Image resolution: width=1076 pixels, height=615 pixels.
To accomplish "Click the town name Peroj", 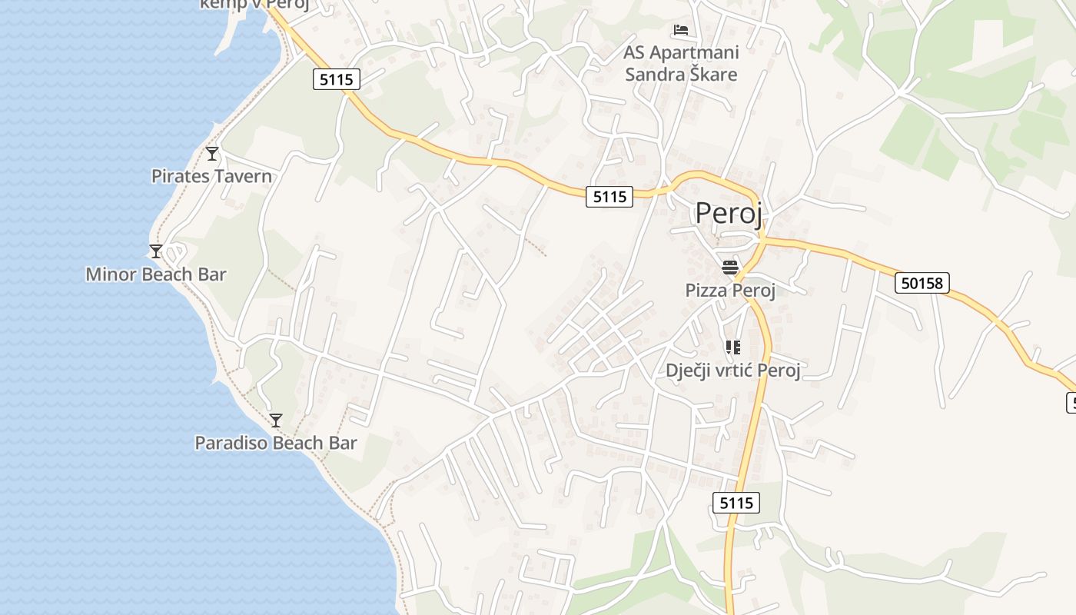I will (x=729, y=213).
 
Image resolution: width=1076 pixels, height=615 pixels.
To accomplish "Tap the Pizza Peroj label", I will (x=729, y=290).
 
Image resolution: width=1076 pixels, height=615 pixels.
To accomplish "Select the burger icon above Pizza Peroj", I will (x=729, y=268).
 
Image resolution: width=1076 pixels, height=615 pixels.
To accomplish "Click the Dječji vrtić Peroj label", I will (x=732, y=371).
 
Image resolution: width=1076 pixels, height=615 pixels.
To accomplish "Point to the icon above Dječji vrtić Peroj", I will (x=732, y=347).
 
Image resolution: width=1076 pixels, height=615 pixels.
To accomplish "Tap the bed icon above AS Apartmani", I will (x=681, y=30).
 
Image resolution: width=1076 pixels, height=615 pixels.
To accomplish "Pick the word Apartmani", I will (x=694, y=52).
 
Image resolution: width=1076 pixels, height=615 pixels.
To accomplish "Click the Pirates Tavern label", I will (x=211, y=176).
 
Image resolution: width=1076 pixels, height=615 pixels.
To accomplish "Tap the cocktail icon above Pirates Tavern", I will (x=212, y=154).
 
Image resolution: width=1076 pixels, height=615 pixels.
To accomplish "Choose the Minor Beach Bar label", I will (x=156, y=274).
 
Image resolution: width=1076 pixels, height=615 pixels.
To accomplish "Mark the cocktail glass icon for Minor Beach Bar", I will (x=156, y=251).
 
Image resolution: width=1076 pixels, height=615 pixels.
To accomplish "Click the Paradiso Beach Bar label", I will (x=276, y=443).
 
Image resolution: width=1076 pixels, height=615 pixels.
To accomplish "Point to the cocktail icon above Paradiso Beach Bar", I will (x=276, y=421).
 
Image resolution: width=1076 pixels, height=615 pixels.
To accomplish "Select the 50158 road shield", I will (x=922, y=283).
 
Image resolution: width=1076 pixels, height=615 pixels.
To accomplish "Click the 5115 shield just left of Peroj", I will (x=609, y=197).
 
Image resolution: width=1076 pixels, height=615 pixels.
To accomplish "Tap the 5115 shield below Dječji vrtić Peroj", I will (x=736, y=503).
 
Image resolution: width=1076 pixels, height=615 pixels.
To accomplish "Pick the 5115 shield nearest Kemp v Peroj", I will (x=337, y=78).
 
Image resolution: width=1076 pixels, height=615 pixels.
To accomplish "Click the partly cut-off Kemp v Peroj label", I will (x=254, y=5).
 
